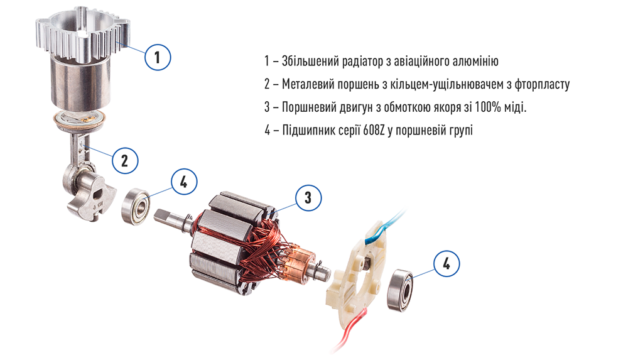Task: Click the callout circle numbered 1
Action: point(158,57)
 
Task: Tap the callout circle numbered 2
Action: point(125,160)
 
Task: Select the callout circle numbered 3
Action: point(308,198)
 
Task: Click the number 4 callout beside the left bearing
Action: point(183,182)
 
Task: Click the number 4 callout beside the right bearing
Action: point(447,264)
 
